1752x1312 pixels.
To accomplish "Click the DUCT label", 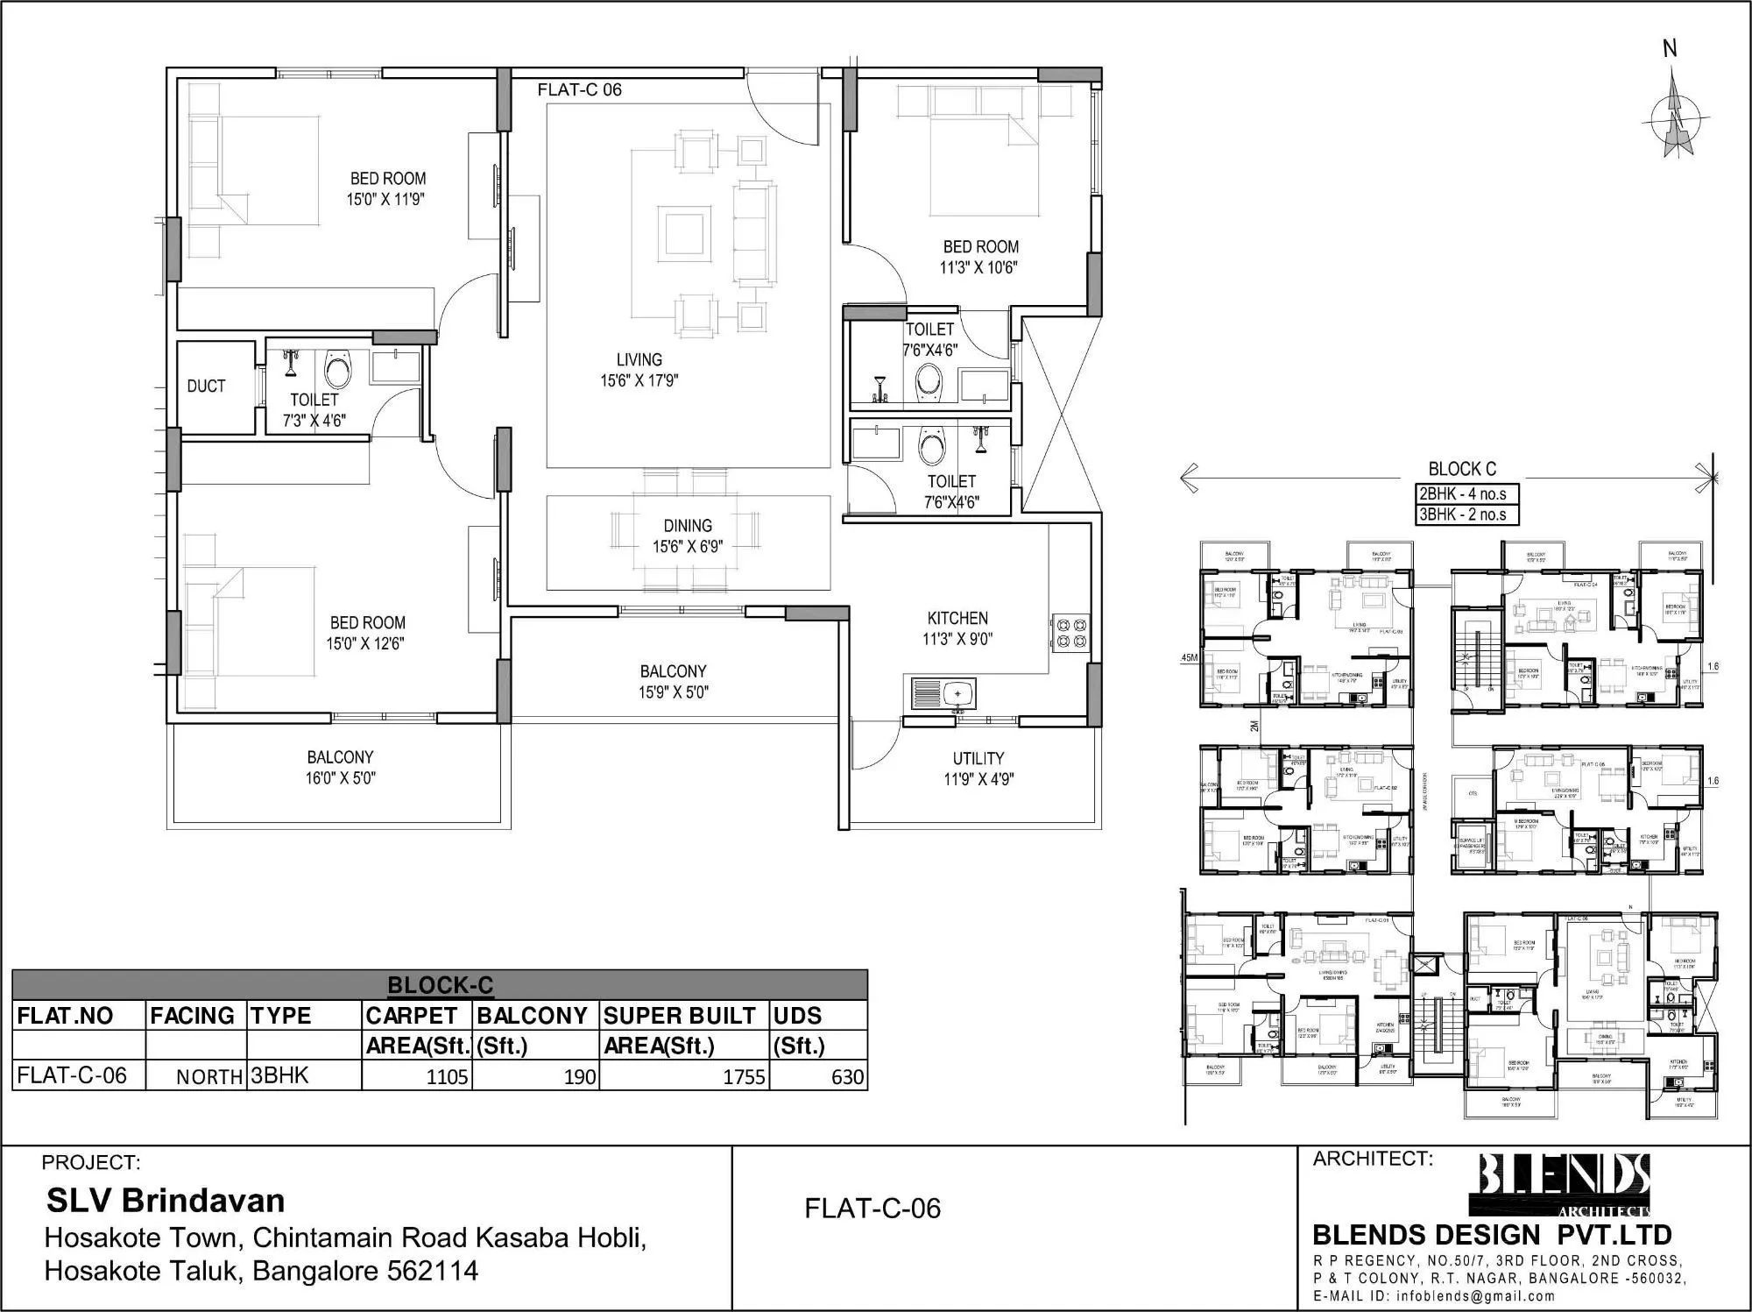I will (206, 387).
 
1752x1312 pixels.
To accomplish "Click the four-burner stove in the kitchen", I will (1070, 634).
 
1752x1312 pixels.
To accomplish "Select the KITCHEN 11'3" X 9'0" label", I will (957, 628).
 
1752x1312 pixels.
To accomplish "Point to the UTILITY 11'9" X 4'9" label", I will (978, 769).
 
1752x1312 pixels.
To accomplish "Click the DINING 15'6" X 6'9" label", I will (688, 535).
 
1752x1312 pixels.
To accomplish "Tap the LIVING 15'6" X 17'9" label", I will (639, 370).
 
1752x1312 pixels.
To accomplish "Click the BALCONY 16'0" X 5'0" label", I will (340, 767).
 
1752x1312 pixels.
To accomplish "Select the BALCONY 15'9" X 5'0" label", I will (673, 681).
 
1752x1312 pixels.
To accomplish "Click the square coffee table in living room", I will (684, 232).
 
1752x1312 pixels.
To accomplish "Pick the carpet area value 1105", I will (447, 1077).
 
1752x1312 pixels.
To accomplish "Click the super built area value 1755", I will (744, 1077).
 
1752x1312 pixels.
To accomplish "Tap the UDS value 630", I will (847, 1077).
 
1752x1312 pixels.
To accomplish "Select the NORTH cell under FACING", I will (208, 1077).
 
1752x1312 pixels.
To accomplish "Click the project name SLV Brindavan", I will (166, 1200).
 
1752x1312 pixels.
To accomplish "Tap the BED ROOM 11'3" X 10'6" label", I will (980, 257).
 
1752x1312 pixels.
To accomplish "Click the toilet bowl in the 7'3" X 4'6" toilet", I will (337, 369).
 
